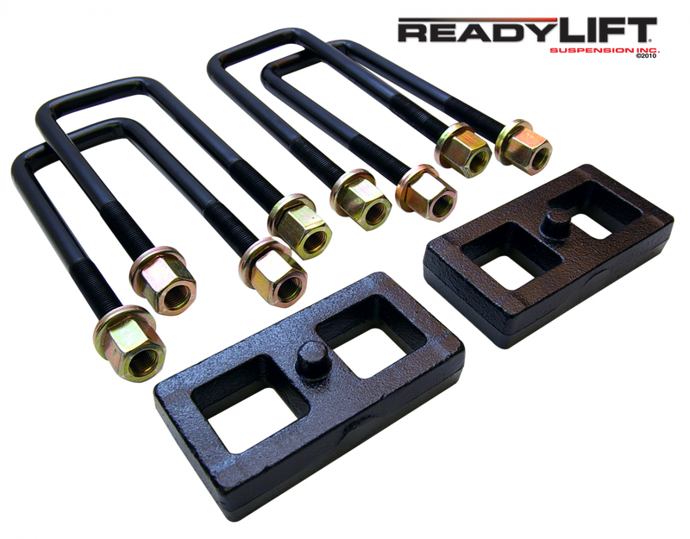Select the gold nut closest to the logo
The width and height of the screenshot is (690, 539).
click(518, 141)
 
